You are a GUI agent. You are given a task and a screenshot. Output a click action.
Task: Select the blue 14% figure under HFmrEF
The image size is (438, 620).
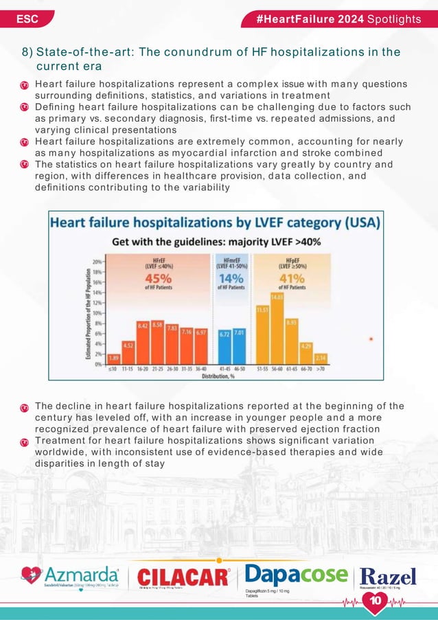tap(232, 278)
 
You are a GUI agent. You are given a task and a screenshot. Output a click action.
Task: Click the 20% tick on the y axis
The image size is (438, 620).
tap(99, 262)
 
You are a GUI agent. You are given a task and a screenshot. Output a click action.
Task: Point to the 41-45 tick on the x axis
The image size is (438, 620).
tap(225, 369)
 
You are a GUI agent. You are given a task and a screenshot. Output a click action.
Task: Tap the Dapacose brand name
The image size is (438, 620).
tap(296, 574)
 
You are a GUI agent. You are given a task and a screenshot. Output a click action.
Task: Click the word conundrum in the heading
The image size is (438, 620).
tap(203, 52)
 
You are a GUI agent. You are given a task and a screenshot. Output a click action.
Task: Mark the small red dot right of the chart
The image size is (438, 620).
tap(371, 338)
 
